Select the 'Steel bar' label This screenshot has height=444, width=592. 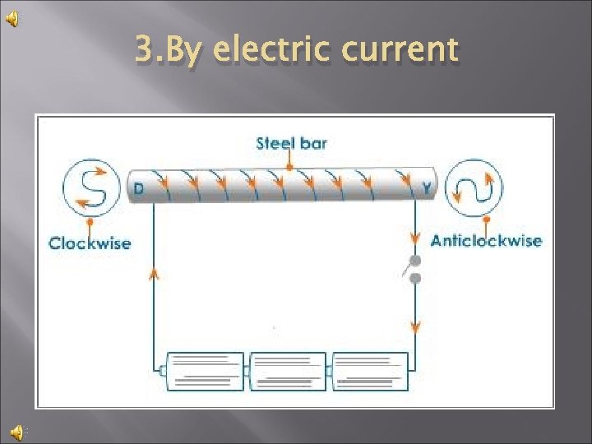coord(291,143)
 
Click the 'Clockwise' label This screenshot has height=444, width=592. coord(90,243)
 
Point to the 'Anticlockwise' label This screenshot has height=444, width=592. coord(486,241)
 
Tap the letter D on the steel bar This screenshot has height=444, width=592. coord(139,189)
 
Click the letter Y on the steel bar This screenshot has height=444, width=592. coord(427,189)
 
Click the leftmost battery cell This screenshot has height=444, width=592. coord(206,371)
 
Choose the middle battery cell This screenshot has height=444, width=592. coord(287,371)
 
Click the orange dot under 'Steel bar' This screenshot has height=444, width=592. coord(289,167)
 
